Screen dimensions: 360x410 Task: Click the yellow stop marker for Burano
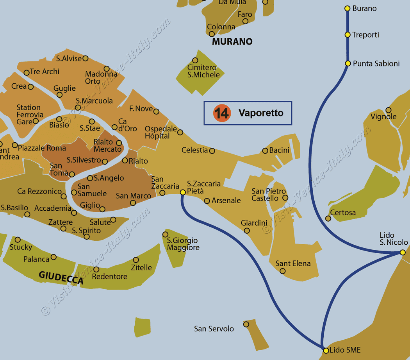tap(347, 8)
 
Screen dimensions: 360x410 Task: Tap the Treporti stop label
tap(365, 35)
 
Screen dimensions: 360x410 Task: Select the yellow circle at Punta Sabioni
tap(348, 63)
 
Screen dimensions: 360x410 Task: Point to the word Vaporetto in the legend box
tap(261, 113)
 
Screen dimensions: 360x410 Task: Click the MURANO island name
tap(232, 41)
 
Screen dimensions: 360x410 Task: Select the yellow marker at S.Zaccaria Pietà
tap(182, 192)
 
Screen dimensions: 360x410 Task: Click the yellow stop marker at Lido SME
tap(326, 350)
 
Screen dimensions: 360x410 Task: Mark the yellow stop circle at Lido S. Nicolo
tap(403, 253)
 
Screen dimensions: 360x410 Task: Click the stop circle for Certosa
tap(328, 219)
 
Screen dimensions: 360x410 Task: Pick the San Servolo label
tap(214, 329)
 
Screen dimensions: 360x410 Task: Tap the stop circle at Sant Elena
tap(283, 271)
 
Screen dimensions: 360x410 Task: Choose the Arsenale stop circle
tap(207, 201)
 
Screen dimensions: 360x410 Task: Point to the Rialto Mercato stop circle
tap(119, 143)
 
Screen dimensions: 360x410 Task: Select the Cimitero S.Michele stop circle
tap(195, 61)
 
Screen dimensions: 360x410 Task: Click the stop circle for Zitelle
tap(136, 260)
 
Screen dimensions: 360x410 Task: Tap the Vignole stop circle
tap(388, 110)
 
